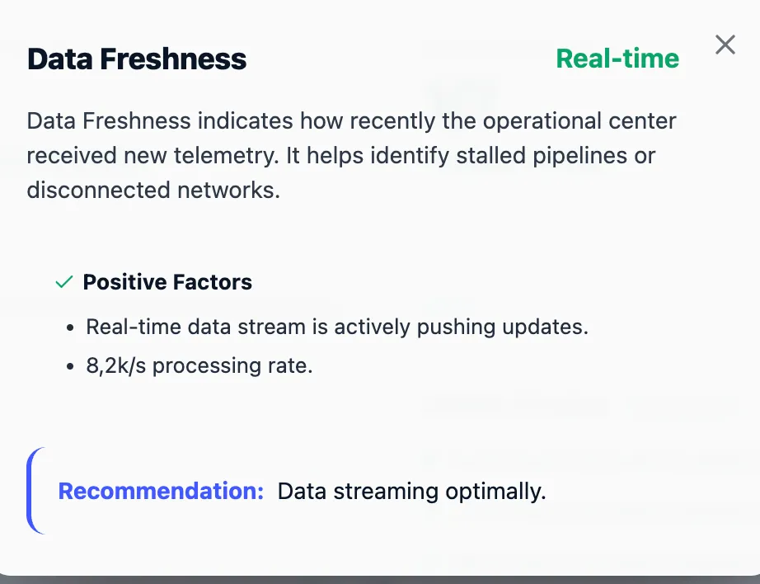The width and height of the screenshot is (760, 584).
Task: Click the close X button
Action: point(725,45)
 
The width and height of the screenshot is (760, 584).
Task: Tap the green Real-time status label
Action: point(617,59)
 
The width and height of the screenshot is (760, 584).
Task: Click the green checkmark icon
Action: point(63,282)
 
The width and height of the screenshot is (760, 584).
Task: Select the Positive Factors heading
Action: point(167,282)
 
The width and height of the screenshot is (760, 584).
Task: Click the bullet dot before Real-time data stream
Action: point(72,327)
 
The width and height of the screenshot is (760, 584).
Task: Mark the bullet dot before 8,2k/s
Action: point(72,366)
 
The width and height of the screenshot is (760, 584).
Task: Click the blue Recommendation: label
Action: point(161,492)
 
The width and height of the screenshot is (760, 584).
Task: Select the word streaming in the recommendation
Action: point(386,492)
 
